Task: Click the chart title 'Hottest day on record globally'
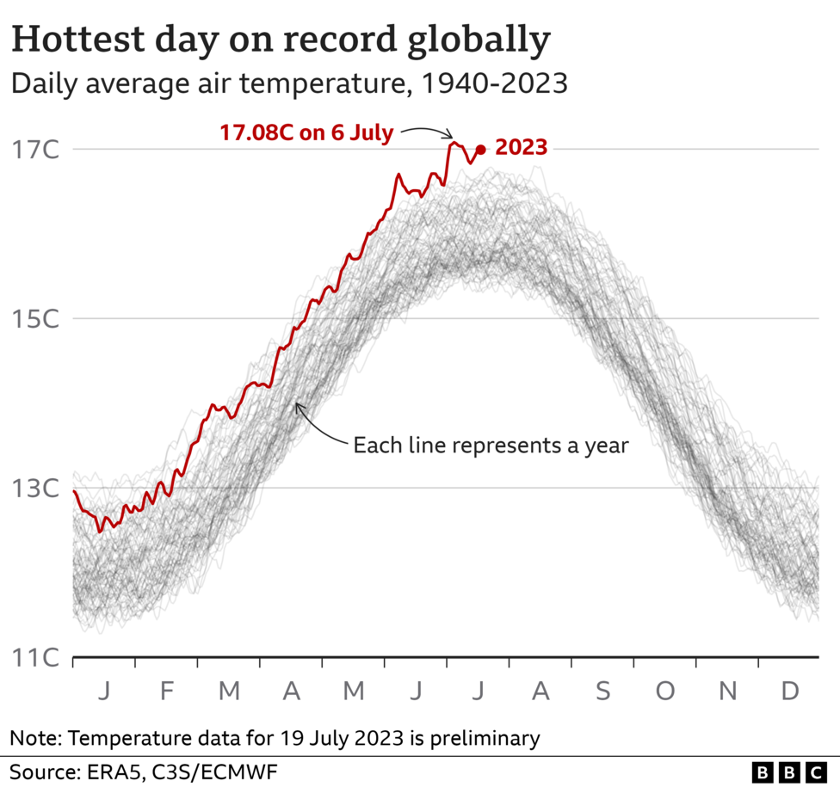tap(281, 40)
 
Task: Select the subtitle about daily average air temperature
tap(288, 83)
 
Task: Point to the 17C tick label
tap(34, 150)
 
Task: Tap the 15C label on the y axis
tap(34, 319)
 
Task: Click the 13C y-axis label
tap(34, 489)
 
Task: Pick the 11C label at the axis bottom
tap(34, 658)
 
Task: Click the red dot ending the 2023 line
tap(480, 150)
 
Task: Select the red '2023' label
tap(521, 148)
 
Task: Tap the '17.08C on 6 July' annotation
tap(306, 133)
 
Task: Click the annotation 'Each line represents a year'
tap(491, 446)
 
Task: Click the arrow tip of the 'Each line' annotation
tap(296, 404)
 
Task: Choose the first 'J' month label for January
tap(104, 691)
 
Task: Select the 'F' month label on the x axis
tap(166, 691)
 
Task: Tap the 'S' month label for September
tap(602, 691)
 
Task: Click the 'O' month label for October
tap(664, 691)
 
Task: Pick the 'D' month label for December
tap(788, 691)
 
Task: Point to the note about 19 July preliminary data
tap(275, 737)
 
